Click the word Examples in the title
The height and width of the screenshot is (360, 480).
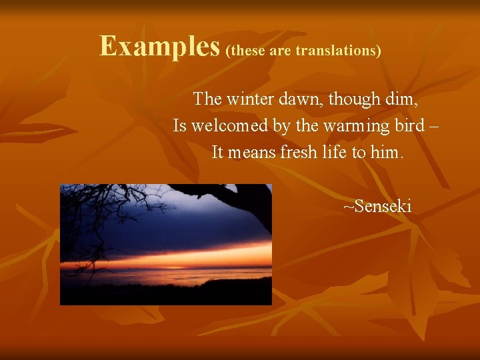159,47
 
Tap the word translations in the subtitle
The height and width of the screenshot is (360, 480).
337,51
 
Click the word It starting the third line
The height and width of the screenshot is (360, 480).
217,153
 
